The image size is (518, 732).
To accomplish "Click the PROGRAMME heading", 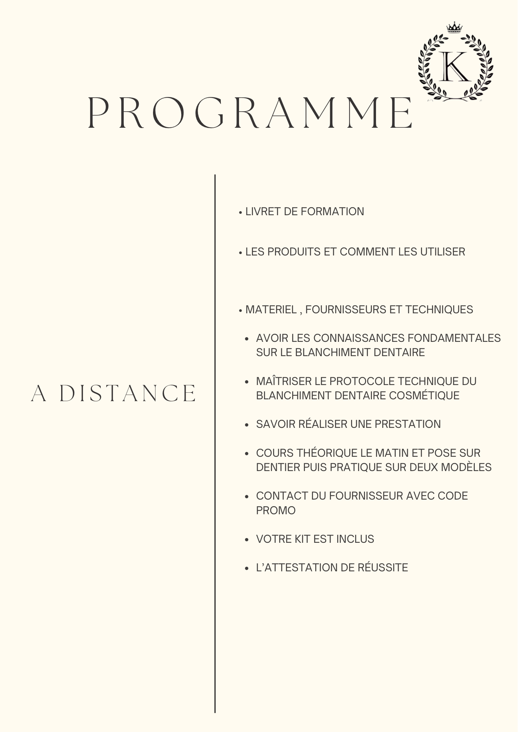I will pyautogui.click(x=250, y=113).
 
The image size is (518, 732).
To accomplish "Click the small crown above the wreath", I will pyautogui.click(x=454, y=28).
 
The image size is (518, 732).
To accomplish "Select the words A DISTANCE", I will pyautogui.click(x=113, y=393).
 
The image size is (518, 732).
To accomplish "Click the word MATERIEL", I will pyautogui.click(x=271, y=310).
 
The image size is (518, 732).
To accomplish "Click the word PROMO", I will pyautogui.click(x=276, y=511).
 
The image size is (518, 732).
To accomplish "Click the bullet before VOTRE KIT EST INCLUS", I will pyautogui.click(x=247, y=539).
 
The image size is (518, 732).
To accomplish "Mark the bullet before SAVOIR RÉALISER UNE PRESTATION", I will pyautogui.click(x=247, y=425).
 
